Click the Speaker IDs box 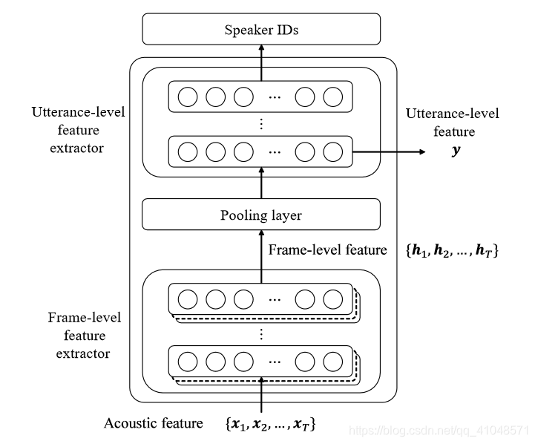click(x=260, y=30)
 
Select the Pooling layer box click(x=260, y=215)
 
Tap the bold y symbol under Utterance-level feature click(x=453, y=151)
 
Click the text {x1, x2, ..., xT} click(x=270, y=424)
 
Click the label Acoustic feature click(x=154, y=424)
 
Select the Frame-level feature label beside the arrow click(x=327, y=250)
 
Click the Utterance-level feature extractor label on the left click(x=78, y=130)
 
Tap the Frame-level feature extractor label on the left click(x=84, y=336)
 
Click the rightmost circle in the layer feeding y click(x=333, y=151)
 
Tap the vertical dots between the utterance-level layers click(x=261, y=124)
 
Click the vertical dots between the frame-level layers click(x=261, y=333)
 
